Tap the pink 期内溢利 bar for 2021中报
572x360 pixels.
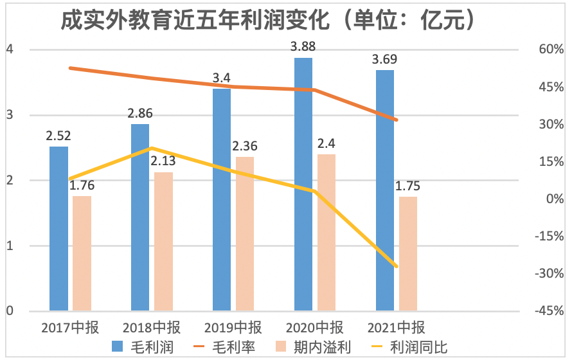[407, 254]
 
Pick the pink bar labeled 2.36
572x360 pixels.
[245, 234]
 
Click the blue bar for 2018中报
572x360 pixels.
[140, 218]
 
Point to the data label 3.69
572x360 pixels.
[385, 60]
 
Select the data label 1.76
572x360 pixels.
[82, 185]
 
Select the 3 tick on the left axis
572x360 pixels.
[10, 115]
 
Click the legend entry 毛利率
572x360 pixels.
[234, 348]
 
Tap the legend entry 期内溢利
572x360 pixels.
[328, 348]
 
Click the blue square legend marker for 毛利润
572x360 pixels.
[118, 348]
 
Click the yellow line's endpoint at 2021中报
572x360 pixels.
[397, 266]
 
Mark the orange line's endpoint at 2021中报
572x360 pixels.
[397, 120]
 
